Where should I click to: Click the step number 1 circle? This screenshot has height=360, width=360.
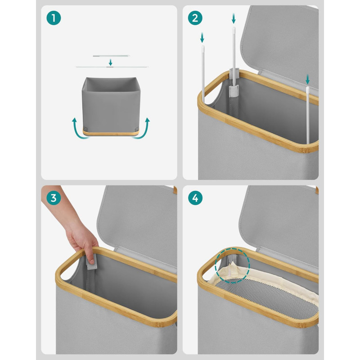tap(54, 18)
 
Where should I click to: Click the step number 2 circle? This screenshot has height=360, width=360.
tap(195, 18)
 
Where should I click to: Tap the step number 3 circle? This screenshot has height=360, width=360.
tap(54, 198)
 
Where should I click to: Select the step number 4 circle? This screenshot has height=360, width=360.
tap(195, 198)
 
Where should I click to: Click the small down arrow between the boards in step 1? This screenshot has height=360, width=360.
tap(110, 62)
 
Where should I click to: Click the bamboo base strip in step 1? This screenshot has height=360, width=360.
tap(111, 133)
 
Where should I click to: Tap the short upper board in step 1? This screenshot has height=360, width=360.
tap(111, 55)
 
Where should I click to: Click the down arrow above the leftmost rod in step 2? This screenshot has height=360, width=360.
tap(202, 37)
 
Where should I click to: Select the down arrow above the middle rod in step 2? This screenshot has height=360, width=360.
tap(234, 18)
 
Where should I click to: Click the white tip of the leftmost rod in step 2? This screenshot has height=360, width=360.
tap(203, 48)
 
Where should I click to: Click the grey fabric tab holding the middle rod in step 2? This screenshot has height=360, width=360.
tap(234, 91)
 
